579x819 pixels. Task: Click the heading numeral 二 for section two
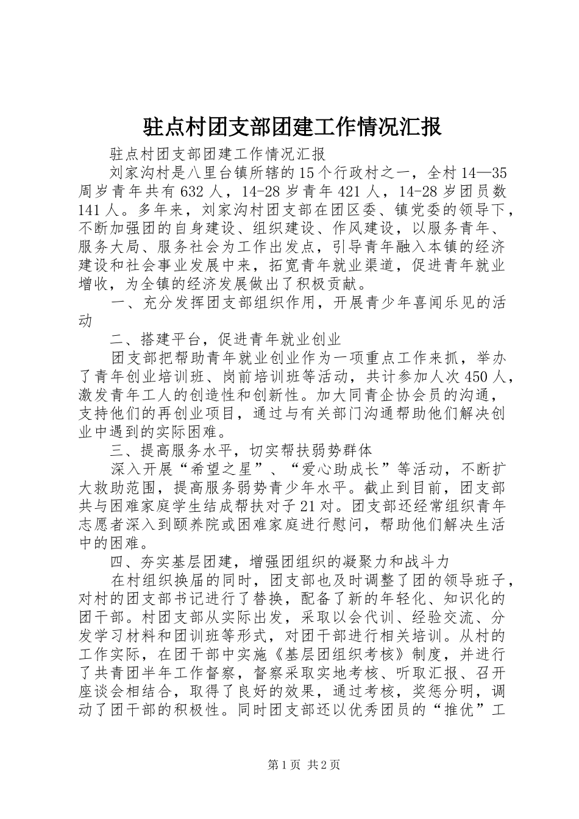pyautogui.click(x=117, y=339)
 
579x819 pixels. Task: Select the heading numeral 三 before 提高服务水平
pyautogui.click(x=117, y=450)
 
